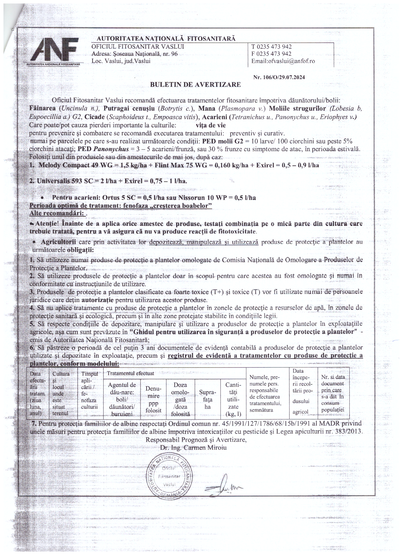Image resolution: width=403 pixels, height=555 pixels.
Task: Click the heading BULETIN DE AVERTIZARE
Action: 195,84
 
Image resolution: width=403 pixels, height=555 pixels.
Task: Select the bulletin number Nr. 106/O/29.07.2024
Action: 279,77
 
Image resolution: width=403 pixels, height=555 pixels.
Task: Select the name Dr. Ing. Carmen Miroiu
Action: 193,447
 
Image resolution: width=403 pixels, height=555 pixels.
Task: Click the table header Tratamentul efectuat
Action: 130,373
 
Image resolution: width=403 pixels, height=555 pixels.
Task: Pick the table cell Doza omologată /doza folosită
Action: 180,399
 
